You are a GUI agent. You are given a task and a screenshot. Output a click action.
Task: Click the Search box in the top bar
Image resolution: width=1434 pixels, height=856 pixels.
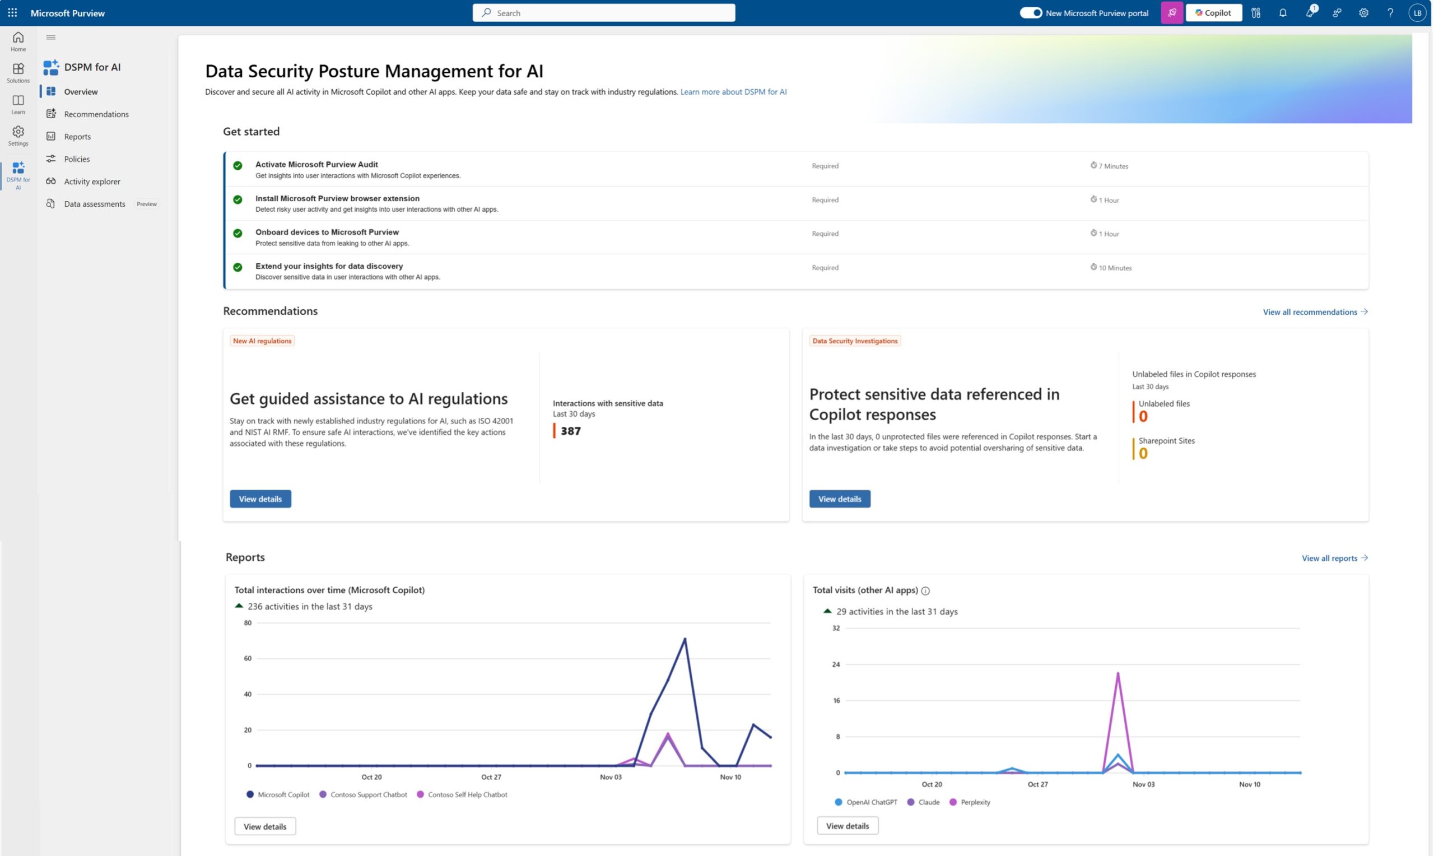pyautogui.click(x=603, y=13)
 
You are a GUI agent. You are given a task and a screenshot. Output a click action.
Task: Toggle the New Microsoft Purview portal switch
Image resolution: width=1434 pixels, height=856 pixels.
pyautogui.click(x=1030, y=13)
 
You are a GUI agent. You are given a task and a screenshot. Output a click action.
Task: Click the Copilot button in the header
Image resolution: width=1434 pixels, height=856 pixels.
pyautogui.click(x=1213, y=13)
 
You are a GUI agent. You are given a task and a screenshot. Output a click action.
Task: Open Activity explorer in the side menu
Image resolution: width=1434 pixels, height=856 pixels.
pyautogui.click(x=92, y=181)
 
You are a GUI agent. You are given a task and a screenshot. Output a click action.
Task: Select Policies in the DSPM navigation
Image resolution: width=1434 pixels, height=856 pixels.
pyautogui.click(x=77, y=159)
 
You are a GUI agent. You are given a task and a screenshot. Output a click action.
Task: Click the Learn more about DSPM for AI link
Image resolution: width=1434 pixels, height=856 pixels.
pyautogui.click(x=733, y=92)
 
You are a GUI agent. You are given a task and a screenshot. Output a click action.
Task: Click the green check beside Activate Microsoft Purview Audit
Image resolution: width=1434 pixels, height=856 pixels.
pyautogui.click(x=238, y=166)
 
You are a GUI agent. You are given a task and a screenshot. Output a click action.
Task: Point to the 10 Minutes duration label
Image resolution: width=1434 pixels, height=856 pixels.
pyautogui.click(x=1115, y=268)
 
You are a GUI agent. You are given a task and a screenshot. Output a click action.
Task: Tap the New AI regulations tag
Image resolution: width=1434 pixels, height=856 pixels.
pyautogui.click(x=262, y=341)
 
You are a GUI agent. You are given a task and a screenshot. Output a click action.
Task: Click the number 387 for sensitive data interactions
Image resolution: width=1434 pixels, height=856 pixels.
pyautogui.click(x=570, y=431)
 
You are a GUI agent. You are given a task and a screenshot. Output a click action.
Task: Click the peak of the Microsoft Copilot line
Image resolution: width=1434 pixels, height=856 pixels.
pyautogui.click(x=685, y=639)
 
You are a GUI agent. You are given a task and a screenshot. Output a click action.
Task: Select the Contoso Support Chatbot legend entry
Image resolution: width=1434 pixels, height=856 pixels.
pyautogui.click(x=368, y=794)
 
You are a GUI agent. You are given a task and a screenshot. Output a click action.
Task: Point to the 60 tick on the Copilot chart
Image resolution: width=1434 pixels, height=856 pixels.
pyautogui.click(x=248, y=658)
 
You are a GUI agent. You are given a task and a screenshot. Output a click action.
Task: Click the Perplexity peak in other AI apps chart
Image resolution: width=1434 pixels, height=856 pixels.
pyautogui.click(x=1118, y=673)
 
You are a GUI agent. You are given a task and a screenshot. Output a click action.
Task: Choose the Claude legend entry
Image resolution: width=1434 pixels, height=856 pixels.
pyautogui.click(x=928, y=802)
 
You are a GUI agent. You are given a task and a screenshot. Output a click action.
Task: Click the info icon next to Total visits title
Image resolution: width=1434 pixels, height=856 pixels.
pyautogui.click(x=925, y=590)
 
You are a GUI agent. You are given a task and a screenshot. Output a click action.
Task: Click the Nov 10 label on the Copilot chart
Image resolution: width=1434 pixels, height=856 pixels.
pyautogui.click(x=730, y=777)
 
